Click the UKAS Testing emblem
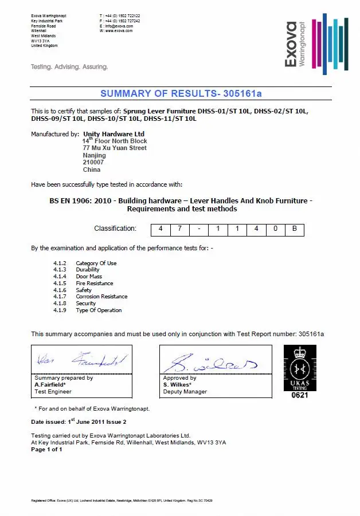pos(299,369)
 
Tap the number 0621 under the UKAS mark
pos(299,395)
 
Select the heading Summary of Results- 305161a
pos(181,93)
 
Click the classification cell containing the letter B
pos(294,229)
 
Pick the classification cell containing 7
pos(180,229)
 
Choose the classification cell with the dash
pos(199,229)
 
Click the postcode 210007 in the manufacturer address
pos(91,162)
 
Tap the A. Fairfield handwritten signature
pos(80,360)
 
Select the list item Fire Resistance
pos(94,283)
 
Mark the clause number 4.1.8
pos(60,304)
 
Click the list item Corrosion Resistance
pos(101,297)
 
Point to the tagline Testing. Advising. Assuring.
pos(69,66)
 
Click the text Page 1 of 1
pos(46,450)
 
